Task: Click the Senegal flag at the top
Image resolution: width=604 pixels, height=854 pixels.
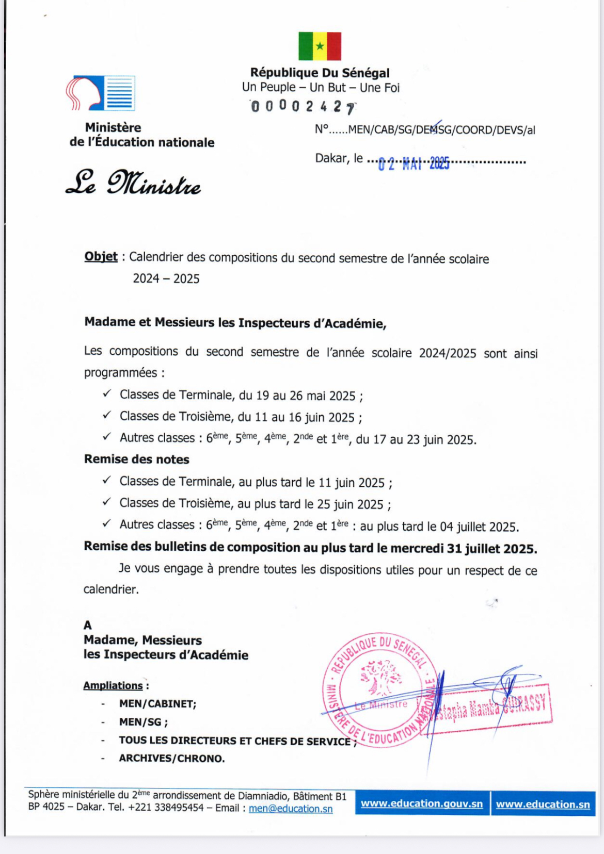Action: (320, 46)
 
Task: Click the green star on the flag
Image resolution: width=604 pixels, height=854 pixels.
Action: (320, 46)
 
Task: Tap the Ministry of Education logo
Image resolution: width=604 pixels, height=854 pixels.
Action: (101, 93)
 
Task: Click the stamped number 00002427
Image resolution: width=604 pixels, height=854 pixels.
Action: (303, 107)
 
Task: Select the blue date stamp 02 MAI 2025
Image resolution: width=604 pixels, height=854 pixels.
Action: (414, 164)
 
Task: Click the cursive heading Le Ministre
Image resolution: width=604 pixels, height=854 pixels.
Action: (133, 183)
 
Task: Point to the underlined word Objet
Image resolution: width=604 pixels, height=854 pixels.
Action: (101, 257)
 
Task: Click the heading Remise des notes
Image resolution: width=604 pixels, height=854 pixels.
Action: (137, 459)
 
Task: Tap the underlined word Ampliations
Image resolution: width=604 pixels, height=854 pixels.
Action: (113, 685)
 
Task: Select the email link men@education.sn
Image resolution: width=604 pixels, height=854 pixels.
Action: (291, 809)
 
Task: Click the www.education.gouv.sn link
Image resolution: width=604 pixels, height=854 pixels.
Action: (422, 803)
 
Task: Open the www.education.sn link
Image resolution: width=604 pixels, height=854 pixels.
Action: (543, 804)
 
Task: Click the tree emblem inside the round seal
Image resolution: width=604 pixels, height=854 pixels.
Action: (381, 676)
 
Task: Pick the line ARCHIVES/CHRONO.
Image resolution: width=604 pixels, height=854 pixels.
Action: (172, 758)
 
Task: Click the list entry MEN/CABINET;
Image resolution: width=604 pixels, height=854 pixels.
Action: (157, 703)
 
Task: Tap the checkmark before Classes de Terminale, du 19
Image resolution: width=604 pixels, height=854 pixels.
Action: (107, 393)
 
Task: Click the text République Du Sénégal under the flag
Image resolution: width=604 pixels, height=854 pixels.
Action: (320, 73)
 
